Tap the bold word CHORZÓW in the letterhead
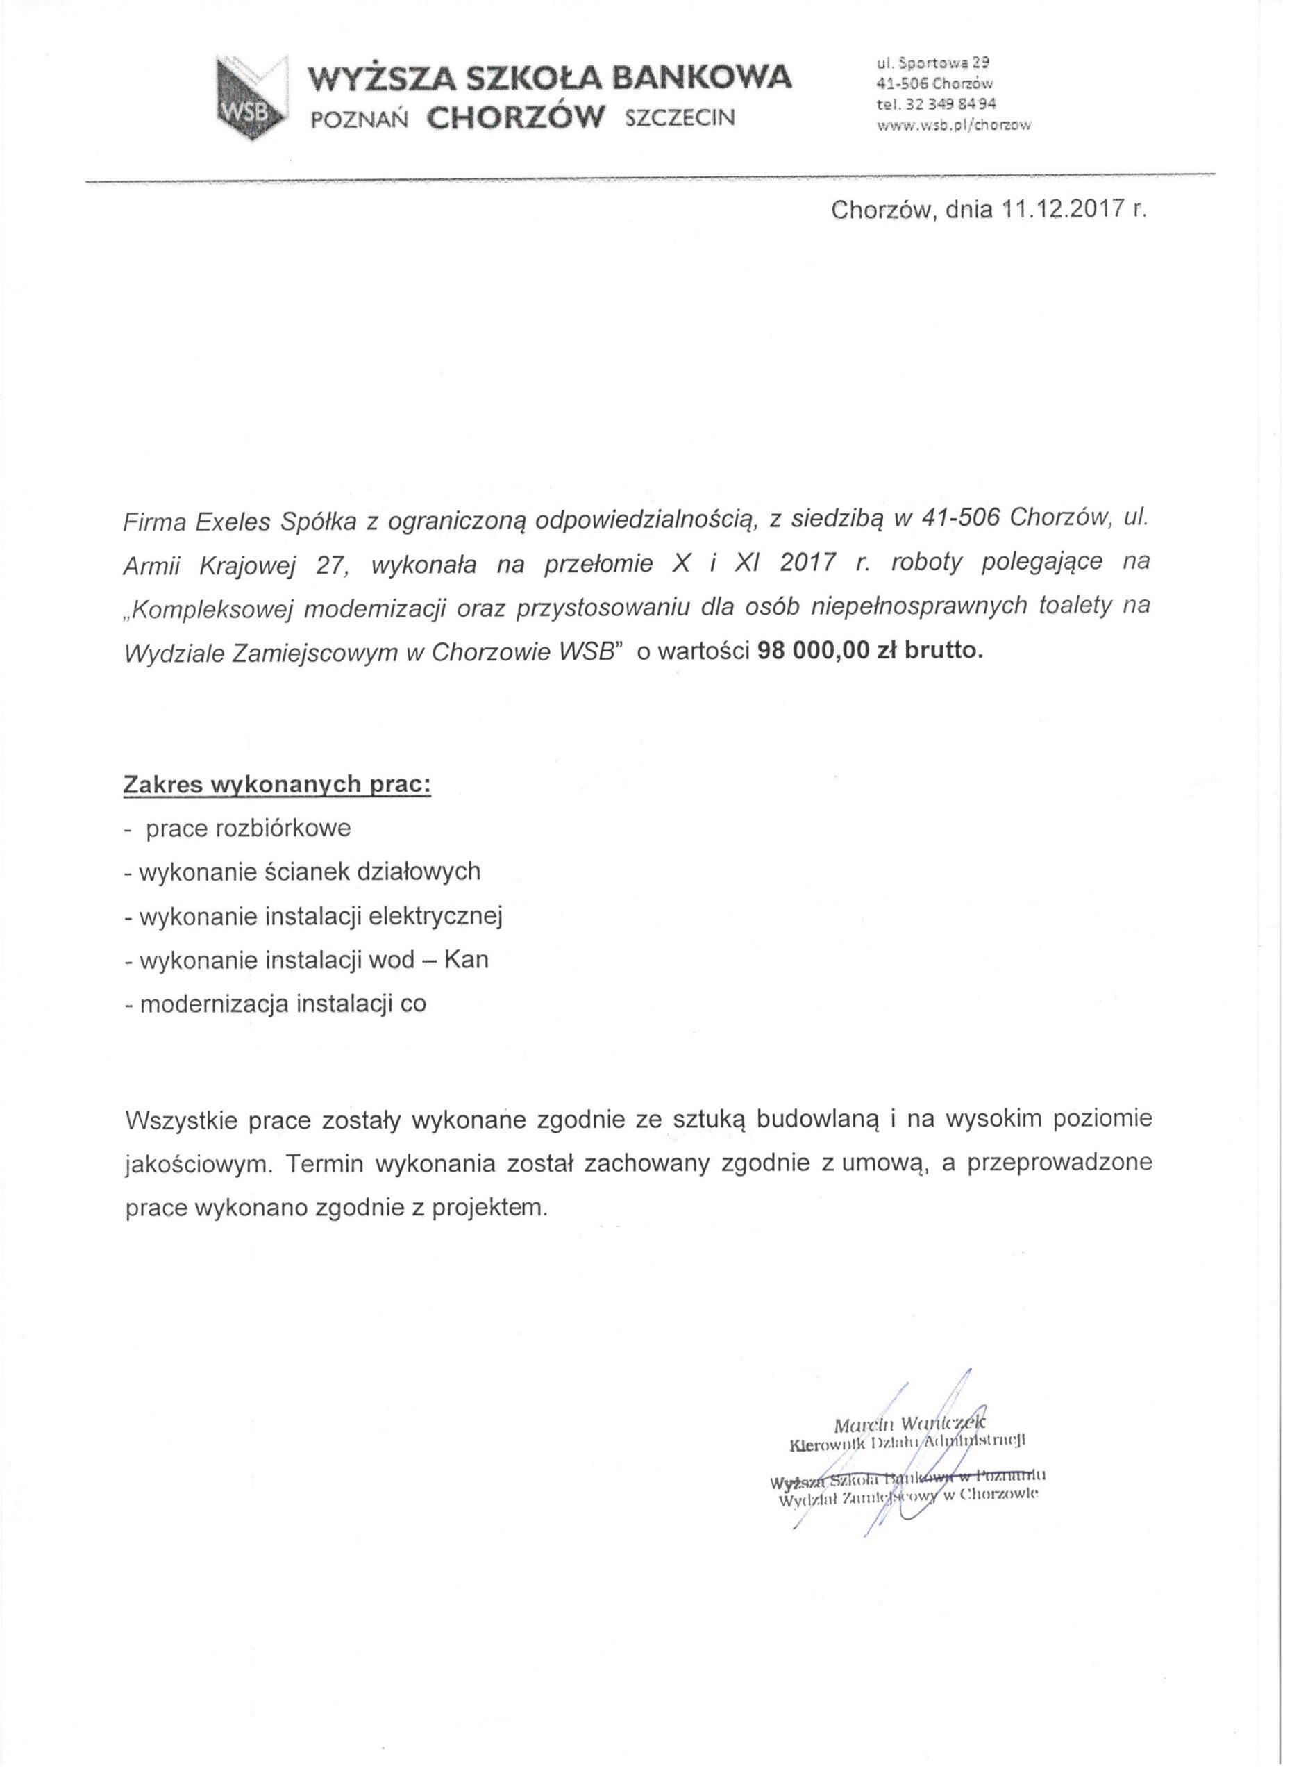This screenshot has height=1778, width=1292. click(x=517, y=117)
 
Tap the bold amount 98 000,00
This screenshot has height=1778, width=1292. click(x=816, y=652)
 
